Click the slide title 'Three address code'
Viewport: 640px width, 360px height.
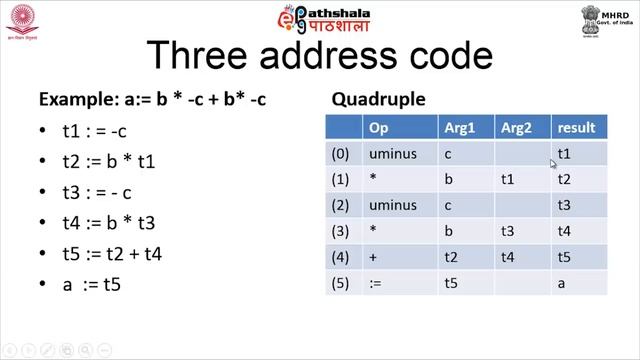point(319,58)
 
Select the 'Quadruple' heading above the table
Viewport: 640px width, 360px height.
point(378,100)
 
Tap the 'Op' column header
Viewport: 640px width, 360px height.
point(378,128)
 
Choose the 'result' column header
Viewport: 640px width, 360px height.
point(576,128)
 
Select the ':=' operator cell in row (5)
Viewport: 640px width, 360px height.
point(375,283)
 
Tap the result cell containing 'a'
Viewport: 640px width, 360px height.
point(562,283)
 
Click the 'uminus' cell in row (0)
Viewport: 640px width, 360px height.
point(392,154)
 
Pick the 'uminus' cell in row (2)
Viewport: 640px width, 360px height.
point(392,205)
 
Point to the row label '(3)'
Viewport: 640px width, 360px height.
point(341,231)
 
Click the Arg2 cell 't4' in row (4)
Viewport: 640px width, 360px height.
point(509,257)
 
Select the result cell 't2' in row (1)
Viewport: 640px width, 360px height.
point(564,180)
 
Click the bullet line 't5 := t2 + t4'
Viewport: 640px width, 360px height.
point(112,254)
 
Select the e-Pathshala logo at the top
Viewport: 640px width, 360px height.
point(320,19)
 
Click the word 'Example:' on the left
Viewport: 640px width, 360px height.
point(72,100)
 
